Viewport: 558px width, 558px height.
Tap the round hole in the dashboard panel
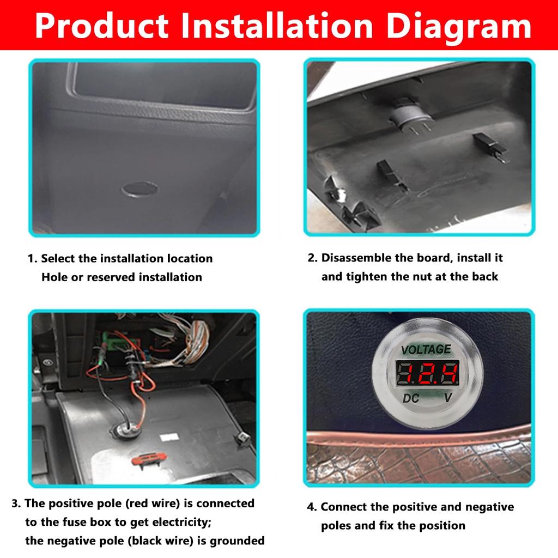click(x=140, y=189)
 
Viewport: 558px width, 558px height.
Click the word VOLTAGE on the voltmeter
click(x=426, y=349)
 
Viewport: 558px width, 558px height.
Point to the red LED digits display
click(x=427, y=373)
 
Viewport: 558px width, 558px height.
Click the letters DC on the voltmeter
click(x=411, y=398)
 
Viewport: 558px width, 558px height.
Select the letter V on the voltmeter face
click(x=447, y=398)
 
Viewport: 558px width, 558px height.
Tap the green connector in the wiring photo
click(x=117, y=345)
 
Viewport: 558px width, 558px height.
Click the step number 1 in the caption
click(x=31, y=259)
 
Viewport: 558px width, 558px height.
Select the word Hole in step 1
click(x=54, y=277)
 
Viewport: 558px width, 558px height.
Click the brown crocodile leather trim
click(x=420, y=458)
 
